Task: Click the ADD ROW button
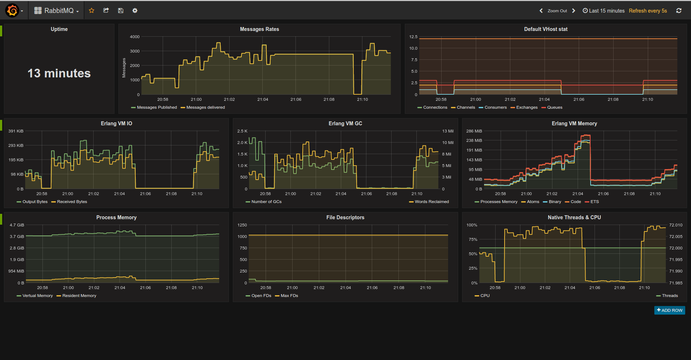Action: [669, 310]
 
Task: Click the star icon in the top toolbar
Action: [91, 10]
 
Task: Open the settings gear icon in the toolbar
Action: [135, 10]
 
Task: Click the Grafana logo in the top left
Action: [12, 10]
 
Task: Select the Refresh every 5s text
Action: [647, 11]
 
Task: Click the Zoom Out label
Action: [557, 11]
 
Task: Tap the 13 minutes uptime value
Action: [59, 73]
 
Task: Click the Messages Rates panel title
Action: [259, 29]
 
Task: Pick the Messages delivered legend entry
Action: [205, 107]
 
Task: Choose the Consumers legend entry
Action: [495, 107]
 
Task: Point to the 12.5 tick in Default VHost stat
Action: [413, 37]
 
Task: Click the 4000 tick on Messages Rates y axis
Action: [135, 37]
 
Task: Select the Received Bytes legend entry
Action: [72, 202]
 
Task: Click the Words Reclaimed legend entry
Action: [432, 202]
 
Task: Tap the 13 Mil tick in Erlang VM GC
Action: [448, 131]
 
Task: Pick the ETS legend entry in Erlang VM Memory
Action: [594, 202]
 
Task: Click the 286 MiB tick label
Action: [474, 131]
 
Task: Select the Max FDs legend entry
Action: [289, 296]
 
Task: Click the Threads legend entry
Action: [669, 296]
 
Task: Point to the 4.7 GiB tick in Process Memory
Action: [17, 225]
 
